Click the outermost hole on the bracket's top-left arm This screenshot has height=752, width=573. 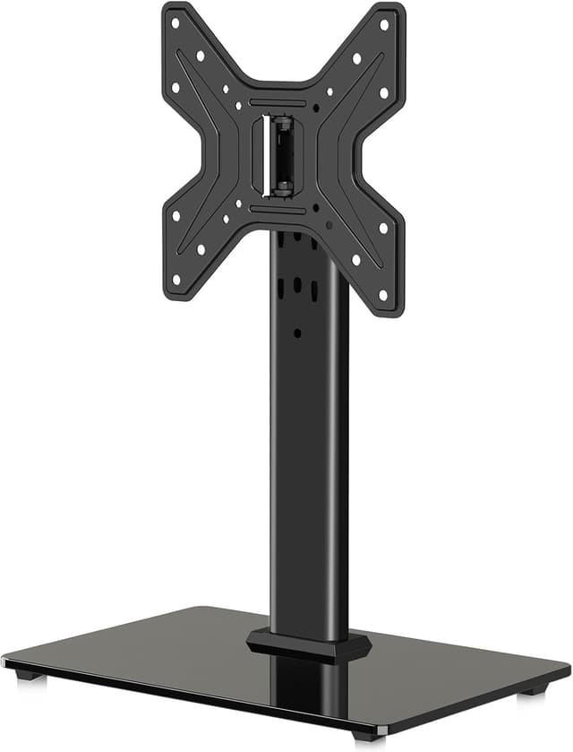click(175, 22)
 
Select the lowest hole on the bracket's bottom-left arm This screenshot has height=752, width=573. click(176, 279)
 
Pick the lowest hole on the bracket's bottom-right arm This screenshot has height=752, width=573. click(383, 295)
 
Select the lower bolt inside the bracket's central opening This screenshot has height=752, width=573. click(282, 189)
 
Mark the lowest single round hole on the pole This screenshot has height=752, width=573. click(297, 333)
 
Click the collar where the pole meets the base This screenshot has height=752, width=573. click(309, 644)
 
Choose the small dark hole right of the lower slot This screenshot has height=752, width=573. click(316, 209)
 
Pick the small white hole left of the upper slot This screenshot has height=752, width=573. click(239, 104)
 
